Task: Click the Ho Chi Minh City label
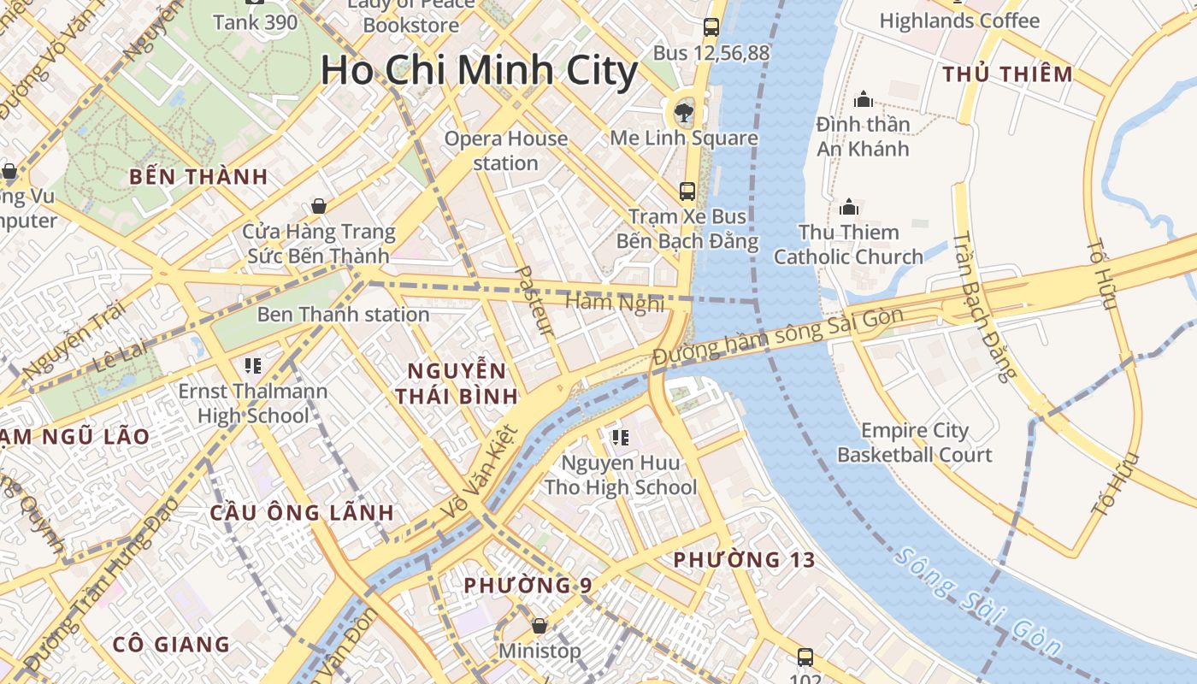pos(479,70)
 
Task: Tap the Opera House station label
pos(505,150)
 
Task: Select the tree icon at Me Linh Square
pos(683,110)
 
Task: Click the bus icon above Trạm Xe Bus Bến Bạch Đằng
pos(687,191)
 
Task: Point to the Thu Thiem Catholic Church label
pos(848,245)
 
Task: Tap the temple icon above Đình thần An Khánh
pos(863,100)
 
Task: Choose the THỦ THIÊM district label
pos(1007,74)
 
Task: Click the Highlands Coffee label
pos(959,21)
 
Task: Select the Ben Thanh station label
pos(343,315)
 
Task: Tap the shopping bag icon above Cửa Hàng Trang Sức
pos(318,206)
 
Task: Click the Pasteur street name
pos(537,300)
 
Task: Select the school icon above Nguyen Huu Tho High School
pos(620,438)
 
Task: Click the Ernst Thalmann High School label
pos(252,404)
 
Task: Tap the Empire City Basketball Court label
pos(914,442)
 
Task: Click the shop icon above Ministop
pos(539,626)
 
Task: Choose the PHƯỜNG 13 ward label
pos(744,560)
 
